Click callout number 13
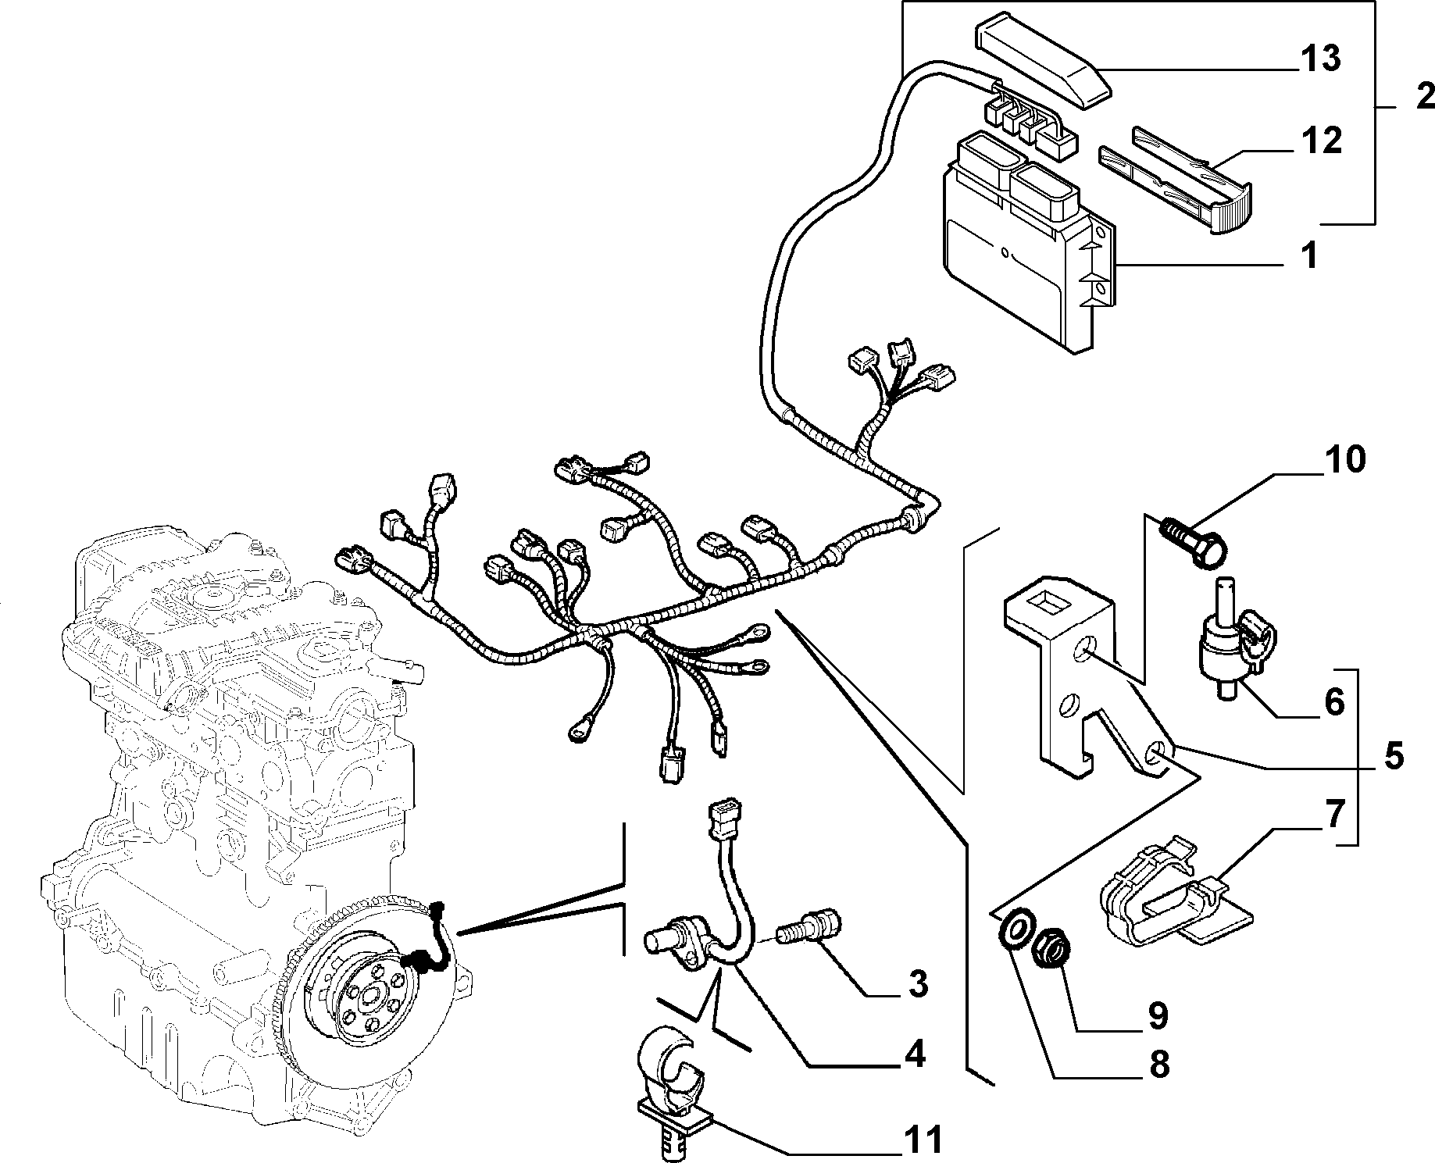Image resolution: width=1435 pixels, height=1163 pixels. (x=1319, y=59)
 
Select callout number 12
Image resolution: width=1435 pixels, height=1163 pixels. (x=1319, y=141)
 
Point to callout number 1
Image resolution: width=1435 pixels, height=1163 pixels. (x=1310, y=255)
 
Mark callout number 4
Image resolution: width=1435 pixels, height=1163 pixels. (x=913, y=1054)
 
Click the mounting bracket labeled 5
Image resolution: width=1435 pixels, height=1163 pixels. (x=1086, y=676)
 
